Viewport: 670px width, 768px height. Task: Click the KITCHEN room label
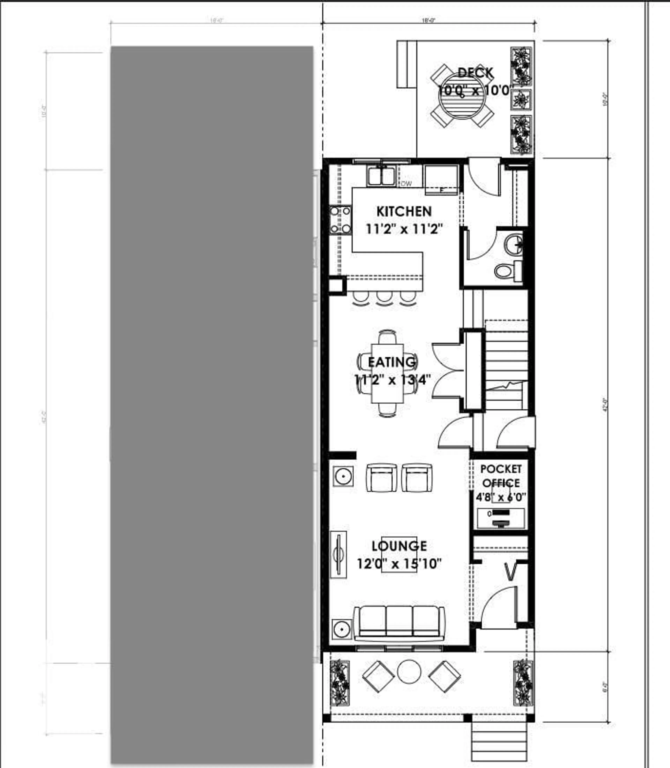[404, 211]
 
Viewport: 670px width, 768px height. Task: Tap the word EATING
[392, 362]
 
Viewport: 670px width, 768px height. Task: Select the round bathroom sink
[514, 244]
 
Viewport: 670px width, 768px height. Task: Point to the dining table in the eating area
[387, 373]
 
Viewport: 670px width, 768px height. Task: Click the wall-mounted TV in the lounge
[338, 555]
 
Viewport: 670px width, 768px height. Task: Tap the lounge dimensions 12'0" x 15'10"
[399, 563]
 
